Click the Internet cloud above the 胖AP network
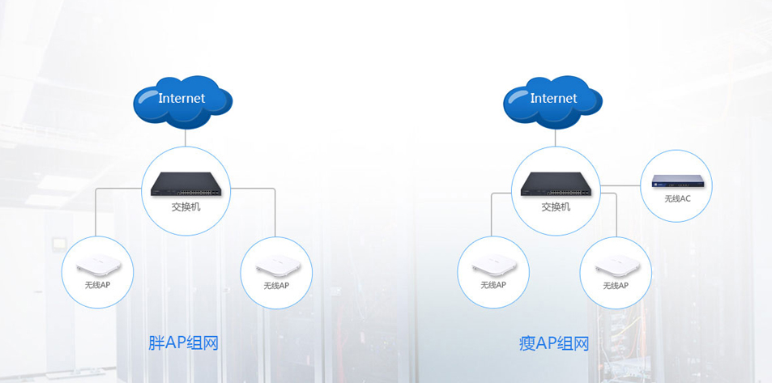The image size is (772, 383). point(183,101)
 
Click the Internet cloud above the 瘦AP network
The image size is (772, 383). point(554,101)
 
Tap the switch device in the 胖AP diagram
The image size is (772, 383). point(186,185)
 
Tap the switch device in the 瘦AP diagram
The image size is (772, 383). point(556,185)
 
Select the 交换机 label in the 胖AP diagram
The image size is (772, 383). point(186,206)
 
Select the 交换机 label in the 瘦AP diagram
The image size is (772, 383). point(556,206)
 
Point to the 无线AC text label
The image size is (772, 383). point(677,198)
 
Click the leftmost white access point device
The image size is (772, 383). point(97,266)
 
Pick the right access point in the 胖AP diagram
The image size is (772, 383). point(276,268)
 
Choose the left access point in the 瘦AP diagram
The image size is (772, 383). point(493,266)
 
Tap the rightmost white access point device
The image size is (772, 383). point(616,268)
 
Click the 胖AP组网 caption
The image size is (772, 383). point(184,343)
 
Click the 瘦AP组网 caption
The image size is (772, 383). point(554,343)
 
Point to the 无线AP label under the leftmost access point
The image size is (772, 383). point(97,285)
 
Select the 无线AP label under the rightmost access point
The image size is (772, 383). point(616,286)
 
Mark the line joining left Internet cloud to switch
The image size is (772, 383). point(186,138)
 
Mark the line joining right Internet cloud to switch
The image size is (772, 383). point(556,138)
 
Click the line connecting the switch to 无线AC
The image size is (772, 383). point(621,185)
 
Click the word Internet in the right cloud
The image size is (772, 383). point(554,98)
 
